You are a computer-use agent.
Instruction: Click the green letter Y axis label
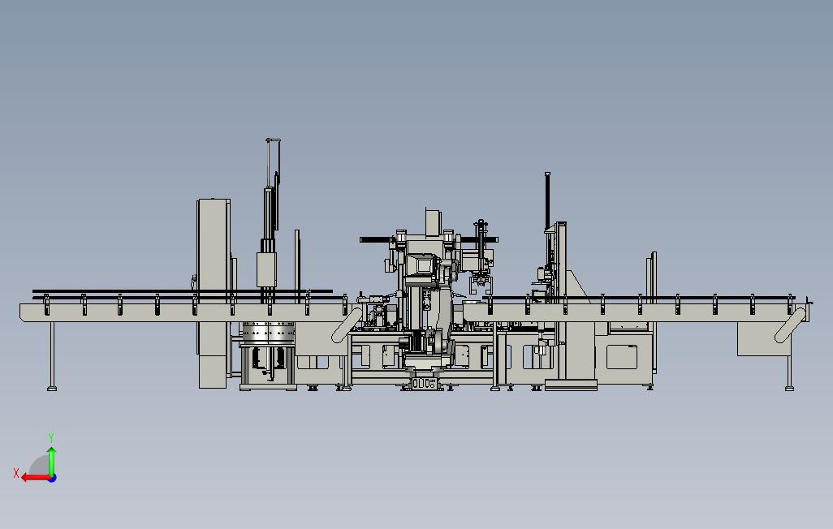coord(51,437)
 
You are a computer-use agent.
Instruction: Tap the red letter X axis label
coord(16,473)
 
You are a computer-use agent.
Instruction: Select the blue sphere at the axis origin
coord(52,478)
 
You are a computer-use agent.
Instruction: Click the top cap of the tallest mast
coord(273,140)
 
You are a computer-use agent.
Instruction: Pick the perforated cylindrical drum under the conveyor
coord(268,333)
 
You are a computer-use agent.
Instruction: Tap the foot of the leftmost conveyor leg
coord(51,389)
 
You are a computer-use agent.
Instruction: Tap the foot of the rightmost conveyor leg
coord(789,389)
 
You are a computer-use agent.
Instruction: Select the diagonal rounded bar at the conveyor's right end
coord(791,325)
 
